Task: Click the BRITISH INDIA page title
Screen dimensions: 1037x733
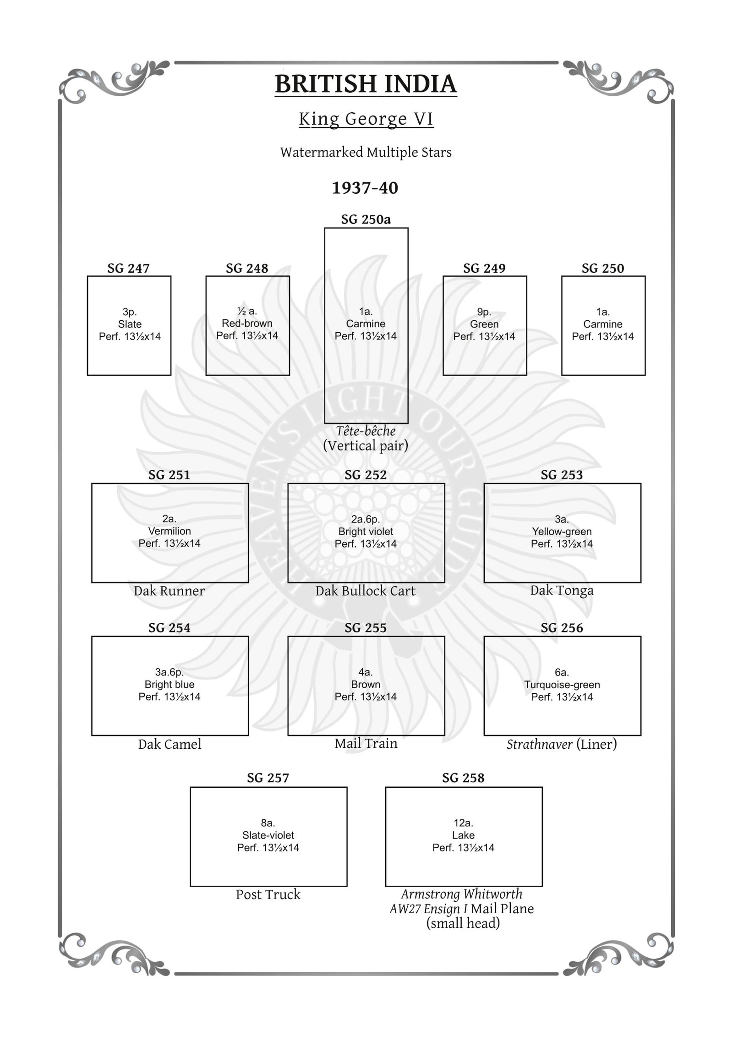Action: [366, 84]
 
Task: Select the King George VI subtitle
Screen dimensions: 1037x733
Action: [366, 119]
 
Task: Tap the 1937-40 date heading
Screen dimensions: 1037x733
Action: [365, 188]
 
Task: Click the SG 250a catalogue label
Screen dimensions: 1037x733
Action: [366, 219]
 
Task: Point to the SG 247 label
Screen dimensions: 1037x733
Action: [128, 268]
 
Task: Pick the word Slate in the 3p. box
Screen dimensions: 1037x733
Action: [130, 324]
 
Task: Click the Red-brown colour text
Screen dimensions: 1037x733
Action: [247, 323]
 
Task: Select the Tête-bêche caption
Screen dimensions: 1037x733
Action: [366, 431]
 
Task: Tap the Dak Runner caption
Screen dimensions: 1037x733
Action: [169, 591]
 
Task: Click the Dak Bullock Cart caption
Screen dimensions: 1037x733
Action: [366, 591]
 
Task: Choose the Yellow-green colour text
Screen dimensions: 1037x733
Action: [562, 532]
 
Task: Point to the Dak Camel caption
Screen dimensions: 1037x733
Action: [170, 744]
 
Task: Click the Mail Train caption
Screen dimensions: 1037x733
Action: [366, 743]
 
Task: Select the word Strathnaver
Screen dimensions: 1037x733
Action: [539, 744]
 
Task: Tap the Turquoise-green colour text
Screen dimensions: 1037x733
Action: [562, 685]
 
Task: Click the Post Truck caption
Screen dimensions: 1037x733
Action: [268, 894]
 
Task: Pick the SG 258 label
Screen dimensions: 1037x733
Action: [463, 778]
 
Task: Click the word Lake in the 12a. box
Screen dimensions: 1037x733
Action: [463, 835]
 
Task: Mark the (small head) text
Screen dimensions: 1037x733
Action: [463, 923]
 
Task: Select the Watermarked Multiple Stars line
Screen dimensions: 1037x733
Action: [366, 153]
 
